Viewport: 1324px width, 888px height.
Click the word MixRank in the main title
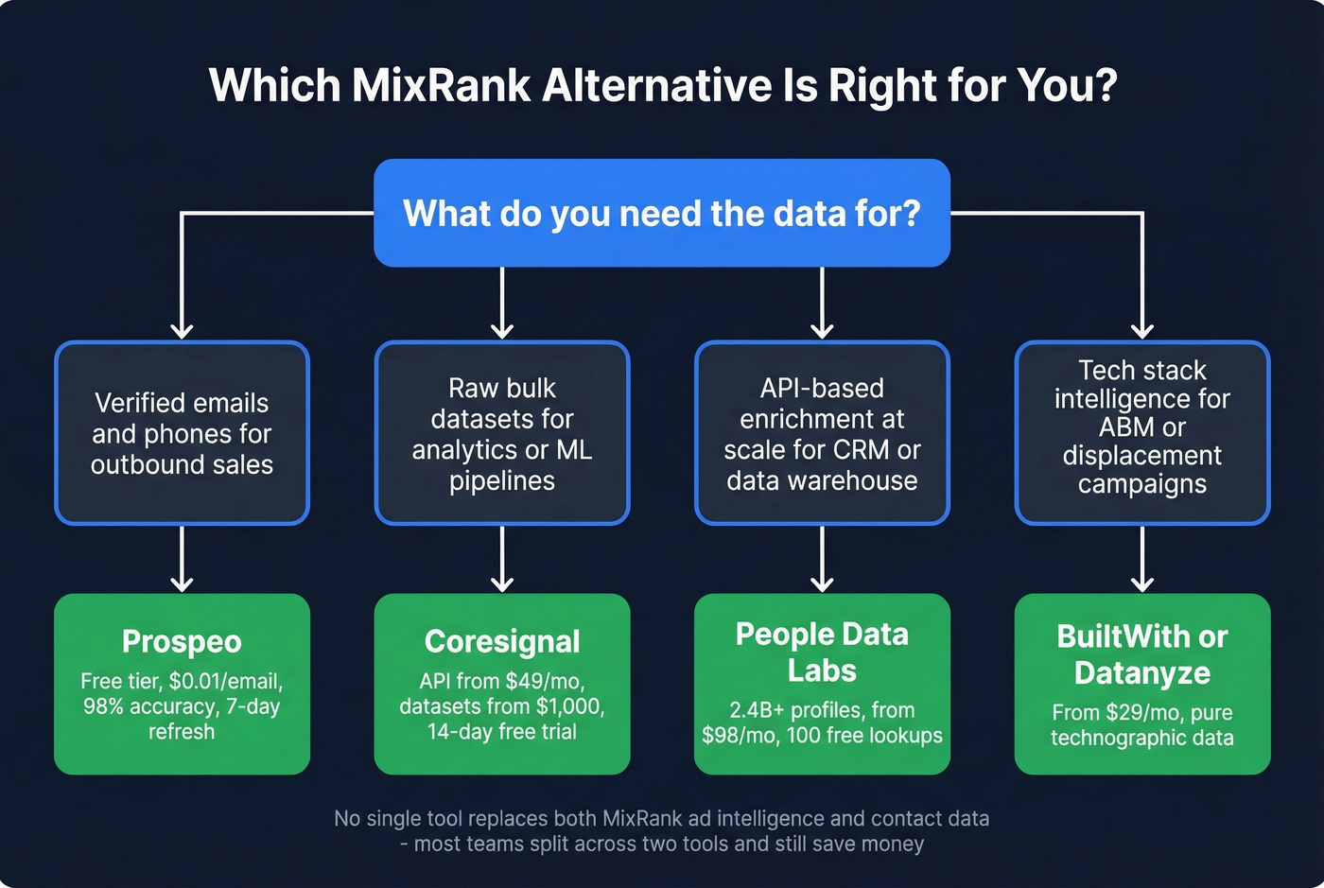[x=441, y=85]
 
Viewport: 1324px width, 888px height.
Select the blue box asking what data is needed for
[x=662, y=213]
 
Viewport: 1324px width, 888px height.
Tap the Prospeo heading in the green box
[x=182, y=642]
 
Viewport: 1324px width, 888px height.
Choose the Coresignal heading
[x=502, y=642]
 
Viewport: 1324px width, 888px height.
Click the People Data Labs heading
[x=822, y=653]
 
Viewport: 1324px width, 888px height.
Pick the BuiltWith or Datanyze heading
[x=1141, y=654]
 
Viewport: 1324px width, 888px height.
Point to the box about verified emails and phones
[x=182, y=433]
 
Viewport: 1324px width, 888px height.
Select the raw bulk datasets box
[x=502, y=433]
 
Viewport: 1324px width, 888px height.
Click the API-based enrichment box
[x=822, y=433]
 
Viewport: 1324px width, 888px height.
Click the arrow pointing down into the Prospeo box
[x=182, y=560]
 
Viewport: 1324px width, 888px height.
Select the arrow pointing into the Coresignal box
[x=502, y=560]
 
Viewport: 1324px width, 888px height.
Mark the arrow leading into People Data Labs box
[x=822, y=560]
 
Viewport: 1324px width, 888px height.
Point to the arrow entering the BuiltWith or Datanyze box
[x=1141, y=560]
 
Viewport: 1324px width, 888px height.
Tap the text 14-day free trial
[x=502, y=732]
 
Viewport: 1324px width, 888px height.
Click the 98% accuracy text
[x=149, y=706]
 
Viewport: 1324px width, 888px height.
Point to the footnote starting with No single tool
[x=662, y=819]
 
